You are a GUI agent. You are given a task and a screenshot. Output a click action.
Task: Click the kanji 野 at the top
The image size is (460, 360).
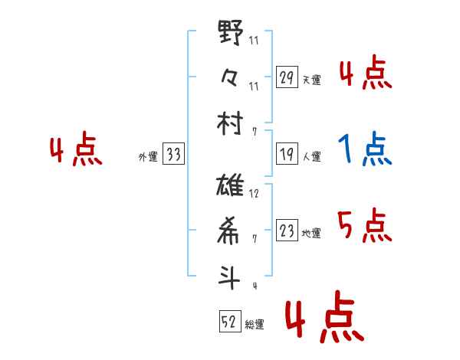click(x=230, y=34)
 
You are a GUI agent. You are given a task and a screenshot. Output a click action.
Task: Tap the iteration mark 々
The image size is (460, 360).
click(x=230, y=78)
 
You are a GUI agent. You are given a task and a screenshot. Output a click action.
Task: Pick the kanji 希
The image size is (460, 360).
click(x=230, y=231)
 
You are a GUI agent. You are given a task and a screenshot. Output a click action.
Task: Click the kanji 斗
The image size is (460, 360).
click(x=230, y=275)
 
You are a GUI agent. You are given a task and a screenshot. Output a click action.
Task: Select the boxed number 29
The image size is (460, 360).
click(x=287, y=77)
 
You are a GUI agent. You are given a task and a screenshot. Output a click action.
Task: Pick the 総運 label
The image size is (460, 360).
click(x=255, y=325)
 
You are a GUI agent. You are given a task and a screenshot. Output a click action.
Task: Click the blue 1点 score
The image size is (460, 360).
click(x=365, y=150)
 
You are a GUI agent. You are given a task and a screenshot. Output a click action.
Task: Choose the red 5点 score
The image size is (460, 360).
click(x=365, y=226)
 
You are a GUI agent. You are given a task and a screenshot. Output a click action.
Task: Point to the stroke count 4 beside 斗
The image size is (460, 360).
click(x=254, y=286)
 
